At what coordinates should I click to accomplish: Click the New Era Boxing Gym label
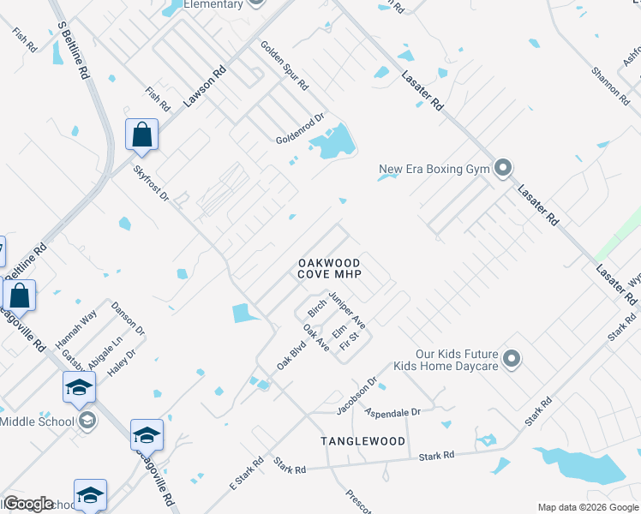tap(434, 170)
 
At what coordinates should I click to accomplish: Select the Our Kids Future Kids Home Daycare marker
tap(512, 358)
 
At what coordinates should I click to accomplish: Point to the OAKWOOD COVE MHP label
tap(329, 268)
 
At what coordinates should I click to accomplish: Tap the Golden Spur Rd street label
tap(284, 66)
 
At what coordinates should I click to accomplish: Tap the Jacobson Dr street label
tap(356, 396)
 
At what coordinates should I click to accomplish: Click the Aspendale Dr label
tap(392, 412)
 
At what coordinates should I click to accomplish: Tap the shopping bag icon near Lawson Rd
tap(141, 135)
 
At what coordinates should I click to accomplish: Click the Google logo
tap(28, 504)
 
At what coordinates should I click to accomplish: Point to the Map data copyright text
tap(587, 507)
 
